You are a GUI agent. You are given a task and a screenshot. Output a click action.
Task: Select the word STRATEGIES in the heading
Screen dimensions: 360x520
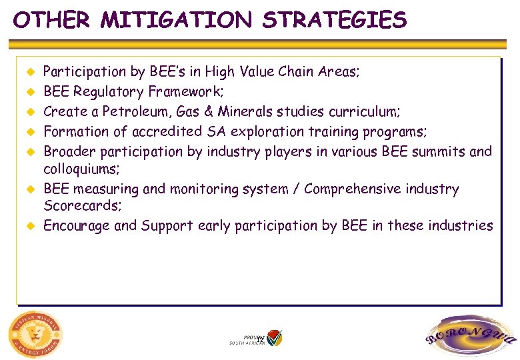(334, 20)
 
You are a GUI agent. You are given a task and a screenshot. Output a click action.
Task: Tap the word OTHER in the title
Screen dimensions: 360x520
(52, 20)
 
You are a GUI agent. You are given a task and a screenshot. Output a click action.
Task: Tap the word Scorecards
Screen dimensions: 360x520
(81, 206)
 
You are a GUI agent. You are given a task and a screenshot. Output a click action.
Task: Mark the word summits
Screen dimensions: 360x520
(433, 151)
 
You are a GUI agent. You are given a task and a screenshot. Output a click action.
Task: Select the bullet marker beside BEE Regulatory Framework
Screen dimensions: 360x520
(29, 91)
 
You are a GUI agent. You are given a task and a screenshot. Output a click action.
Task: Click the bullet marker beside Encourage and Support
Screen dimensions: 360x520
(29, 225)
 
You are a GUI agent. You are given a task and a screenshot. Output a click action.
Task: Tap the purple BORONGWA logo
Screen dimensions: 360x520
(470, 337)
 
